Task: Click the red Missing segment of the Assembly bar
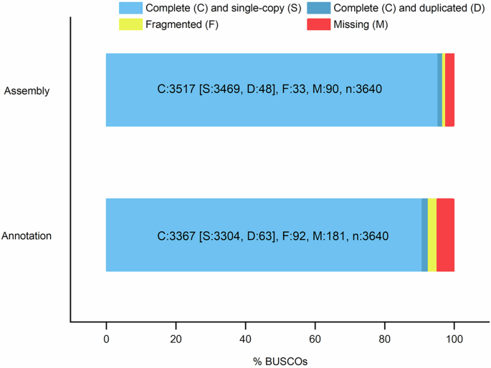tap(449, 89)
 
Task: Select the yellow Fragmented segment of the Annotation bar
tap(432, 235)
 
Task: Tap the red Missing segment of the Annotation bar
tap(445, 235)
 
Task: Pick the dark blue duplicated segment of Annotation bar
tap(424, 235)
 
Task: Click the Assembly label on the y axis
tap(27, 91)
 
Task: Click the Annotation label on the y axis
tap(27, 236)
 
